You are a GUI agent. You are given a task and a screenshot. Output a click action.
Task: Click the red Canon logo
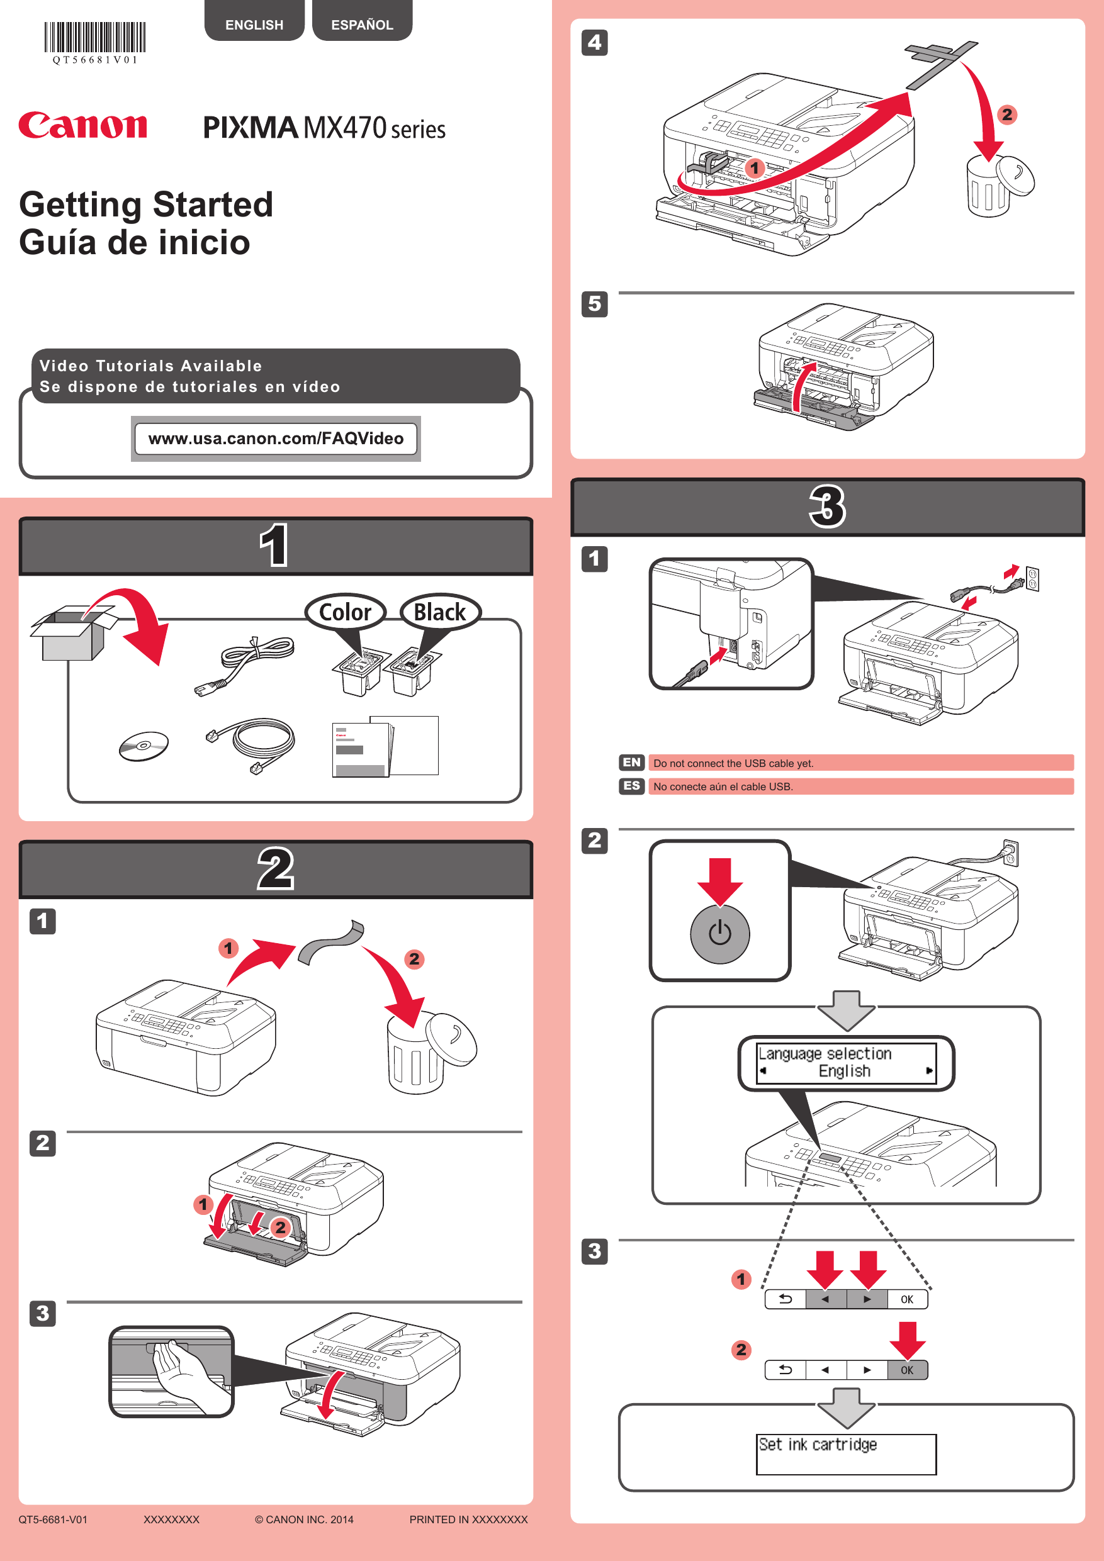click(x=82, y=126)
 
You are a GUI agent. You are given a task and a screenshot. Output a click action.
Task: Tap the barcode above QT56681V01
click(x=95, y=37)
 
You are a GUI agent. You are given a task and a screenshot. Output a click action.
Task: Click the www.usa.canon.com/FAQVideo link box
click(x=276, y=439)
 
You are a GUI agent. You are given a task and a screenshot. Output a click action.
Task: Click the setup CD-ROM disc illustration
click(x=144, y=746)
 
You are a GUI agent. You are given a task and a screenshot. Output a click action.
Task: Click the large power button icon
click(x=719, y=934)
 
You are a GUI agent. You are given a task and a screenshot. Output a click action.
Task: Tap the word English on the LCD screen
click(x=844, y=1071)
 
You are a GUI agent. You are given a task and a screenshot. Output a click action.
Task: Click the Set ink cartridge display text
click(x=818, y=1444)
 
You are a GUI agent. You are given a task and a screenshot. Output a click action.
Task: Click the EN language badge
click(x=631, y=762)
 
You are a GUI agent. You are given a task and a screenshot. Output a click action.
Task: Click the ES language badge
click(x=631, y=786)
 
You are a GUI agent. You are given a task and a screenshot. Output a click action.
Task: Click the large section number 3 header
click(x=827, y=507)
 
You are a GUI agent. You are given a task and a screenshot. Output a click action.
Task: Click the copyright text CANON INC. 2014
click(x=304, y=1519)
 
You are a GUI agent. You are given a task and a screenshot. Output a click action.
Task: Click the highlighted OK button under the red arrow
click(x=907, y=1370)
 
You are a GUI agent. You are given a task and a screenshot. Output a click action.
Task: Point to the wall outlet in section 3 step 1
click(x=1032, y=579)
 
